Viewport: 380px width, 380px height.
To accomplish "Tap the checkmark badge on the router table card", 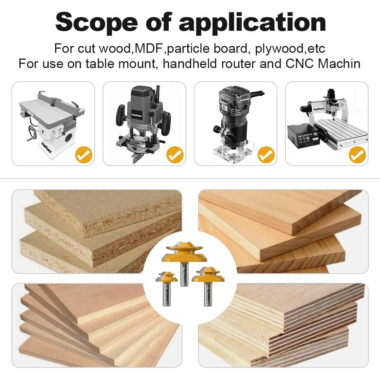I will (83, 155).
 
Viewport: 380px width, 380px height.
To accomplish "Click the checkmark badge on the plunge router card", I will (175, 155).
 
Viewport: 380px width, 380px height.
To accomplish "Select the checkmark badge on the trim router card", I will (266, 155).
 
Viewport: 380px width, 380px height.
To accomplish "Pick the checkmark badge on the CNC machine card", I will (357, 155).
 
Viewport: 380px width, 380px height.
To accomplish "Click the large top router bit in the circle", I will (184, 258).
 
